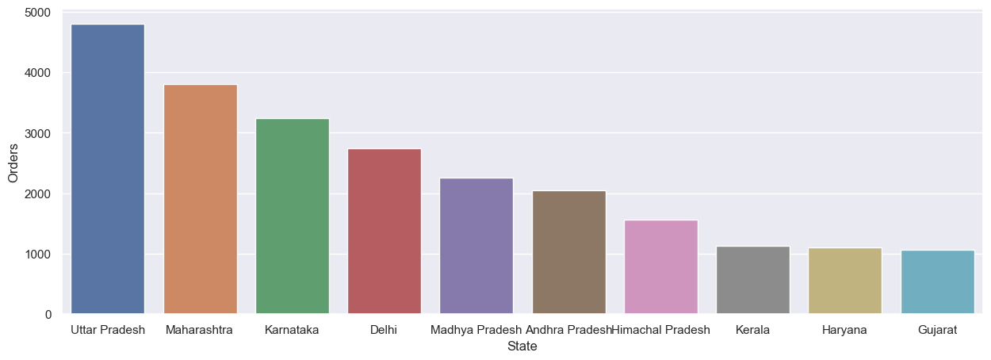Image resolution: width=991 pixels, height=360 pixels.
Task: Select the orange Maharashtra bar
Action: click(x=200, y=199)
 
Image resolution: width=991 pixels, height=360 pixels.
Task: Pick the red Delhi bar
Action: click(x=385, y=232)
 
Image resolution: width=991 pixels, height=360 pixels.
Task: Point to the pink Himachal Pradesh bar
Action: click(x=660, y=267)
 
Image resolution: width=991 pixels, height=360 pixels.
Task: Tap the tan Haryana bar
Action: click(x=844, y=281)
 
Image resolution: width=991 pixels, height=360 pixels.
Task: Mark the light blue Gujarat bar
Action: click(x=937, y=282)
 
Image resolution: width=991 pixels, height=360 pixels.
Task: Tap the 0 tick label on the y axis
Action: click(x=48, y=315)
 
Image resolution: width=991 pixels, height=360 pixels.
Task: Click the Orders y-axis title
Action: click(x=13, y=163)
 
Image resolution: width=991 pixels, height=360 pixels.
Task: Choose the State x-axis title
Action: click(x=522, y=347)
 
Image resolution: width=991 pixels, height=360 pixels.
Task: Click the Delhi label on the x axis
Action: click(x=385, y=330)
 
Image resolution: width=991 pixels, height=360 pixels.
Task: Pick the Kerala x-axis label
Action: click(x=752, y=330)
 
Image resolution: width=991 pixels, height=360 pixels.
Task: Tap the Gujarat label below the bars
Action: click(x=937, y=330)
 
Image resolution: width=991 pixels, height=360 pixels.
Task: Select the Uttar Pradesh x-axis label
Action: click(x=108, y=330)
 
